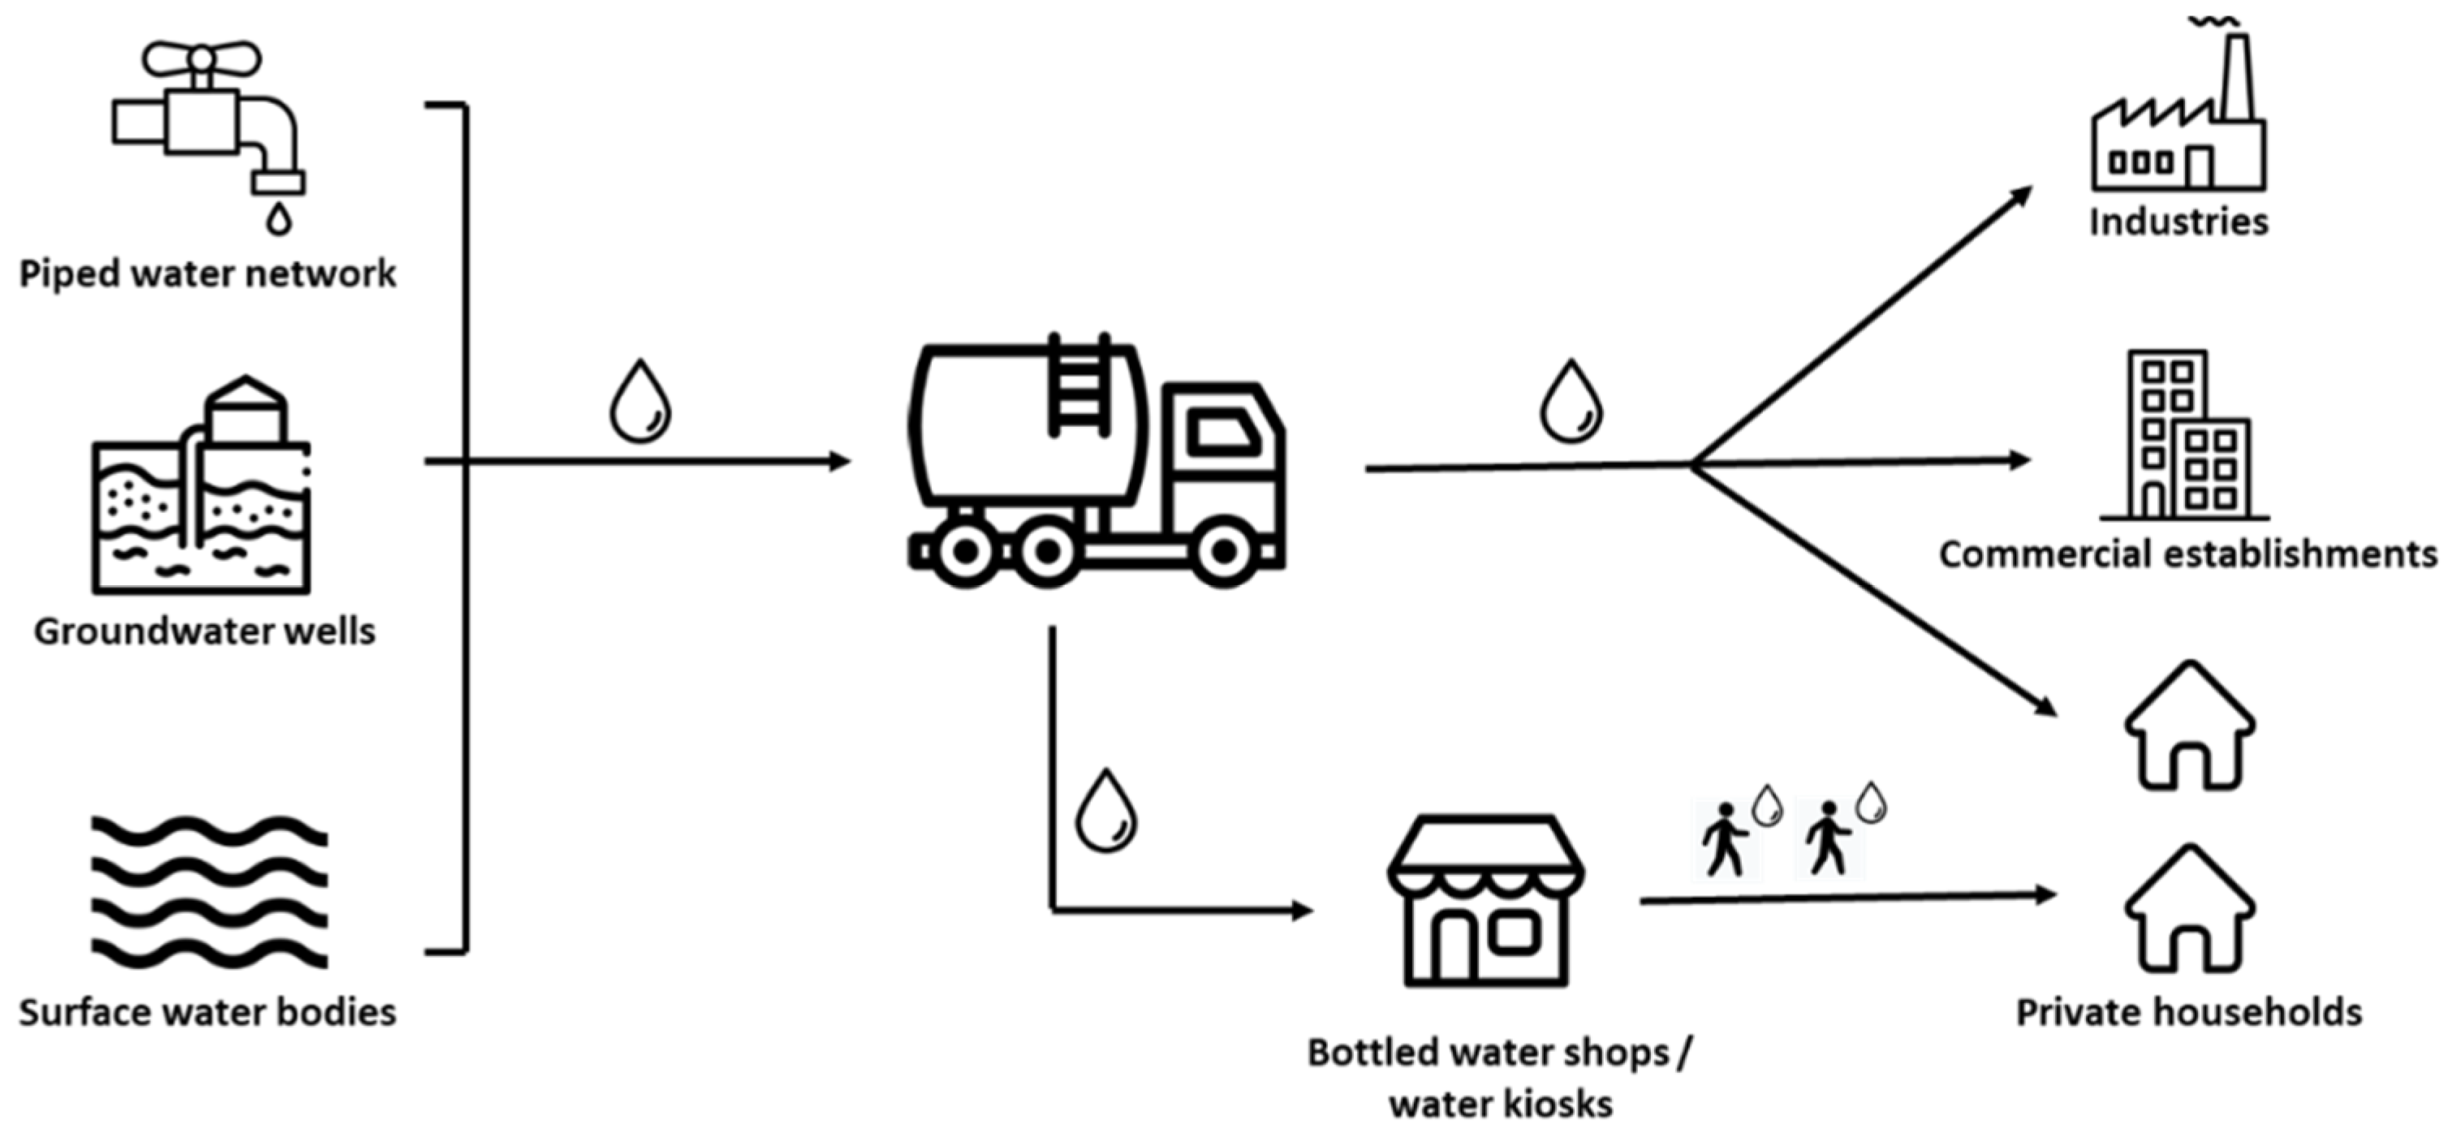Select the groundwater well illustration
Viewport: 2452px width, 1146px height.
202,495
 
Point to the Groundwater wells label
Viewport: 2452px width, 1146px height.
205,631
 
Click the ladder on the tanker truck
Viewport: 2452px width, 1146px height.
1079,386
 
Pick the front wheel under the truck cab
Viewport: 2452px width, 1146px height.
1224,550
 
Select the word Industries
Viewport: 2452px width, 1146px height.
2178,222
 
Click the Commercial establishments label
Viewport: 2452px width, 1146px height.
2187,554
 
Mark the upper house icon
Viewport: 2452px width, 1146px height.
2189,728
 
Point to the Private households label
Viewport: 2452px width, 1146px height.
2188,1012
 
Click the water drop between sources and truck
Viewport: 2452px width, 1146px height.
640,402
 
